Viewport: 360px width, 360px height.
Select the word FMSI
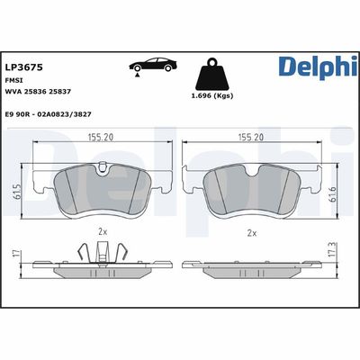[15, 79]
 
